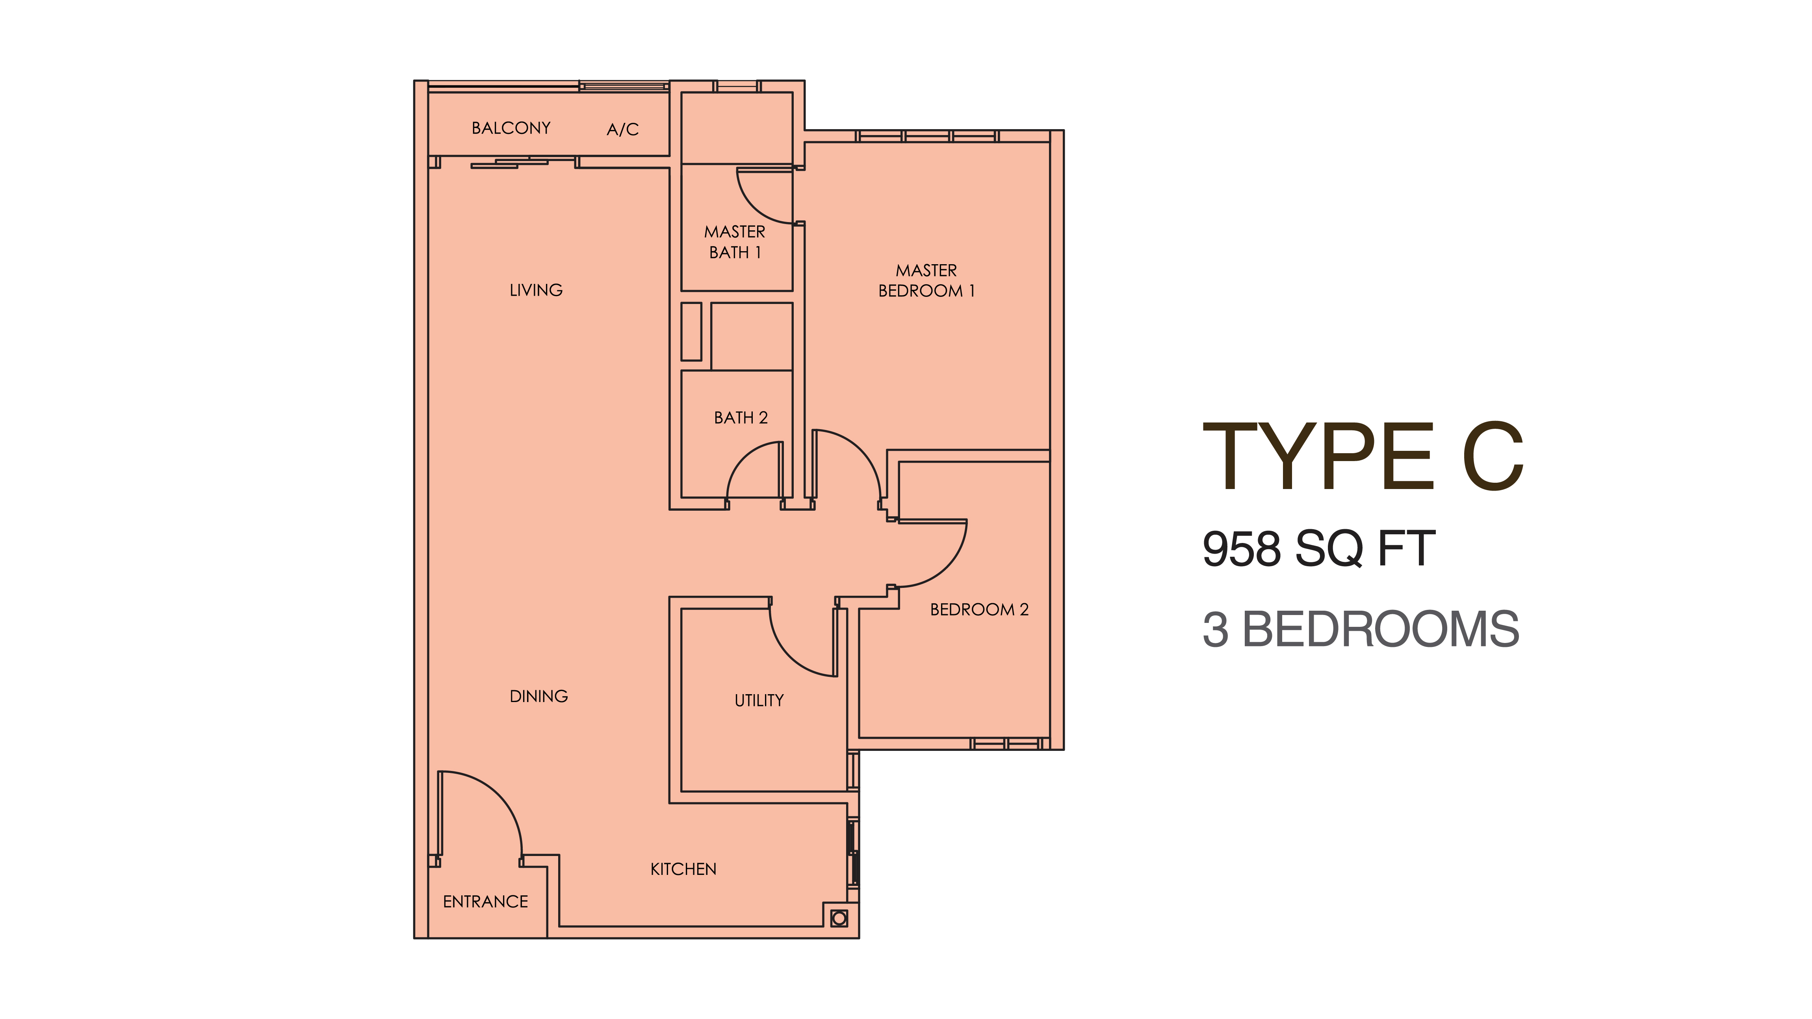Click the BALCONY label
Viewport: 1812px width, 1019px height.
511,128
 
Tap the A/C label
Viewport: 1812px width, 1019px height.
622,130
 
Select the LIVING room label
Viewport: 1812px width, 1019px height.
536,290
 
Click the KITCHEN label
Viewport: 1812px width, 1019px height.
683,869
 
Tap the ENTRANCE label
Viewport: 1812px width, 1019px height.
485,902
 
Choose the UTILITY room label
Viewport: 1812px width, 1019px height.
759,700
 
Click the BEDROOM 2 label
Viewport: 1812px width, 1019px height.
979,610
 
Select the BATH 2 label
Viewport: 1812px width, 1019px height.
741,418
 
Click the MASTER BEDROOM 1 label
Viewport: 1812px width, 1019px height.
926,281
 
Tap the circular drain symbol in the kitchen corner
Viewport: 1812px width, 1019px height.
839,919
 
